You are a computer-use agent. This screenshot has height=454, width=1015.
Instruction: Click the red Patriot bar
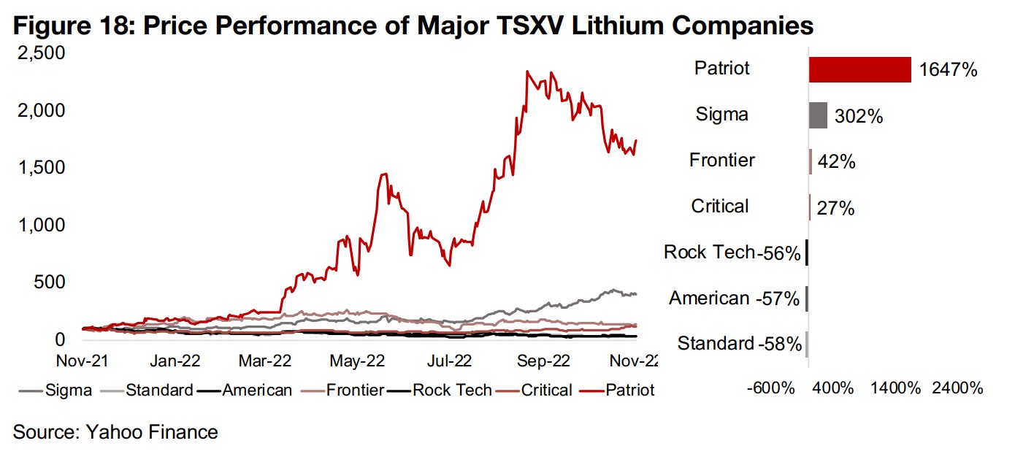point(859,69)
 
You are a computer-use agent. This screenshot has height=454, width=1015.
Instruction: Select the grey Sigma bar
point(818,115)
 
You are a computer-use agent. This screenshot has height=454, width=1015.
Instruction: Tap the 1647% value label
point(948,70)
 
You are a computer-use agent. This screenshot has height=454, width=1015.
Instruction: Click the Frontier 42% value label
point(837,161)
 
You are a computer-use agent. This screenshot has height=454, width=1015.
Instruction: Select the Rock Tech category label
point(708,253)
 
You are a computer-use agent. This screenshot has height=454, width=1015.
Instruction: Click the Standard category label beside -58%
point(715,343)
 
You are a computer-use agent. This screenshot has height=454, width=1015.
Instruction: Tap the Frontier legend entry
point(353,390)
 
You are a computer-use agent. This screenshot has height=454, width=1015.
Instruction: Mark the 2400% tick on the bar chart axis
point(957,388)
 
